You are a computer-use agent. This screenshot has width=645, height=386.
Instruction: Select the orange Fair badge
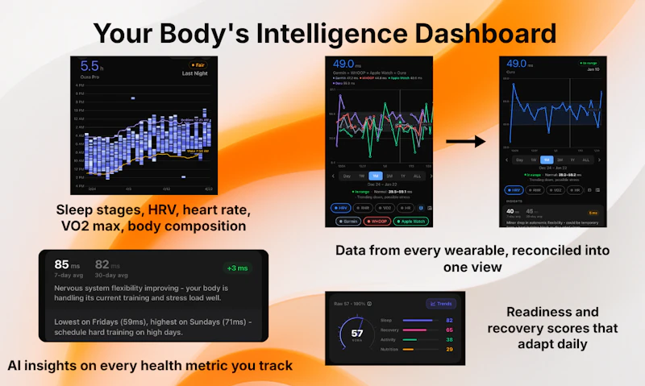pos(198,64)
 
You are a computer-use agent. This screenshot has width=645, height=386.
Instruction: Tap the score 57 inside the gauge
pos(356,333)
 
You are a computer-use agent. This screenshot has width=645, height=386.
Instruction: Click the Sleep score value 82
pos(449,321)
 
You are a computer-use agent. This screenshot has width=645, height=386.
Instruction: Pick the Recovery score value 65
pos(449,330)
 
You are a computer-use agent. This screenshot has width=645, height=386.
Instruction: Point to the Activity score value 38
pos(449,340)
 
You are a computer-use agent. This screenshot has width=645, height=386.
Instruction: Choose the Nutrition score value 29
pos(449,350)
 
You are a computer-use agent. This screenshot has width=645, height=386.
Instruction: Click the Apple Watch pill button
pos(414,220)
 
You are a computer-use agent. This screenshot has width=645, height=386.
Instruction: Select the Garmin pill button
pos(347,220)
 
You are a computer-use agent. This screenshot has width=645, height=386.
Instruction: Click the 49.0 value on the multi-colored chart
pos(344,64)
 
